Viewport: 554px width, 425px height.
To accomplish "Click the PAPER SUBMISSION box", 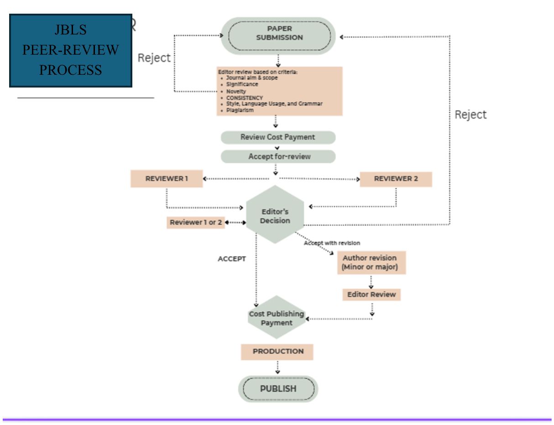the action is tap(278, 36).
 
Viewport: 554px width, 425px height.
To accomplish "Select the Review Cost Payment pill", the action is tap(278, 137).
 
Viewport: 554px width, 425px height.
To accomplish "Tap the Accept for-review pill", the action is tap(278, 156).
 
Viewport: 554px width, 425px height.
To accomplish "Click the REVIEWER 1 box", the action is tap(167, 179).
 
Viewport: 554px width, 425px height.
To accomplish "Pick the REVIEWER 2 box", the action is tap(396, 179).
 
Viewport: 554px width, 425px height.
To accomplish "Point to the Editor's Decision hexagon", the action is tap(275, 214).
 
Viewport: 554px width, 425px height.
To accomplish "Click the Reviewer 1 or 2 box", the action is tap(196, 223).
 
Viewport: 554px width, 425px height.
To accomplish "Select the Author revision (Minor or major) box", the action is tap(371, 263).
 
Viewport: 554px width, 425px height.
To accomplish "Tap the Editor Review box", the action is tap(371, 295).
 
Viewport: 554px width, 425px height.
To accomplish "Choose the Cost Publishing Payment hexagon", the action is tap(277, 317).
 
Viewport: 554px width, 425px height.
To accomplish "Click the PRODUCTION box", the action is tap(277, 352).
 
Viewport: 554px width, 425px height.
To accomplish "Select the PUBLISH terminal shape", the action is tap(278, 389).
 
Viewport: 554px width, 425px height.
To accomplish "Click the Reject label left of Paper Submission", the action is tap(154, 58).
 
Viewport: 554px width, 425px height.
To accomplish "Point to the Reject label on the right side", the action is tap(470, 114).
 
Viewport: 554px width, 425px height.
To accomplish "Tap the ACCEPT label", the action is tap(232, 259).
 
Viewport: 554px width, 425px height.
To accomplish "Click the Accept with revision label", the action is tap(332, 243).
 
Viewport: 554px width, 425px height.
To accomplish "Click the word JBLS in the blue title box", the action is tap(71, 30).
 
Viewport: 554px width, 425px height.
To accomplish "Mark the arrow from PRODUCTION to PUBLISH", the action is tap(277, 367).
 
